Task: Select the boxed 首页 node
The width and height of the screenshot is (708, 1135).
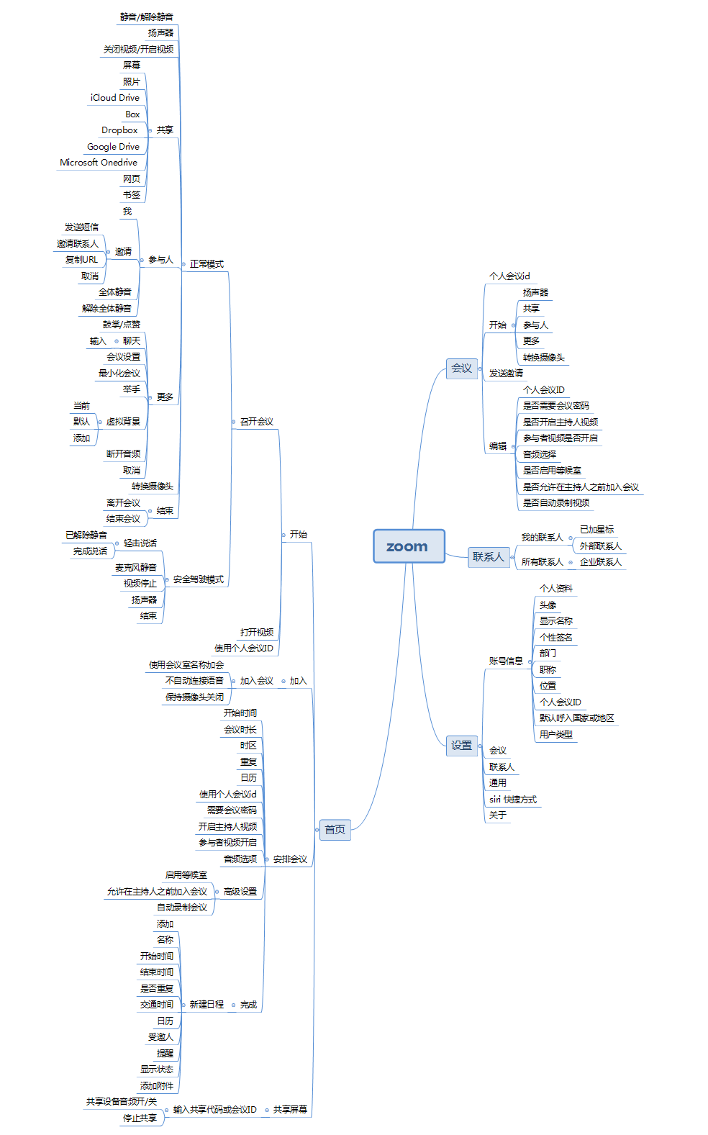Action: point(335,829)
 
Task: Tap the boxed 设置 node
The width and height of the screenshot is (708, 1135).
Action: point(461,746)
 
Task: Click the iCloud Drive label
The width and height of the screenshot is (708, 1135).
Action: point(115,98)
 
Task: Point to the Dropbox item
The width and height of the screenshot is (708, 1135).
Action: point(119,130)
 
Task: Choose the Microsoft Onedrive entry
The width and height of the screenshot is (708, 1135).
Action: point(99,163)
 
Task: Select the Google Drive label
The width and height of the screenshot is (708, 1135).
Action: point(113,147)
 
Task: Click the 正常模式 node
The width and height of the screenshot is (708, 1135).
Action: point(206,264)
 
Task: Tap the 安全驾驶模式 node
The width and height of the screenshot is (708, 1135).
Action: point(198,579)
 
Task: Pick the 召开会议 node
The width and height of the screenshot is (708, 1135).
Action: point(256,422)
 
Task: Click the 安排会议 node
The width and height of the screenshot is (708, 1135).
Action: point(290,859)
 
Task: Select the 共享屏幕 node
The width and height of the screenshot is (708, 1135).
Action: point(290,1110)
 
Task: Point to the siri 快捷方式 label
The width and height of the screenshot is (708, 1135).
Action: point(513,800)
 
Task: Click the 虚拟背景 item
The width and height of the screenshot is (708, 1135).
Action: point(123,422)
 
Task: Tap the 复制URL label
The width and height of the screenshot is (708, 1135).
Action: point(81,260)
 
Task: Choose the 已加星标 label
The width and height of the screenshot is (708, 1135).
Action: point(596,530)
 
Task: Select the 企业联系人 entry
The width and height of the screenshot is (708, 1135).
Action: point(600,562)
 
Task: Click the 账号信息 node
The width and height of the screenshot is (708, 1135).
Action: point(506,661)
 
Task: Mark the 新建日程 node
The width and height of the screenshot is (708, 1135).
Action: point(206,1005)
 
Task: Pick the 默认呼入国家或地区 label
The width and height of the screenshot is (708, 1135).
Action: point(576,718)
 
